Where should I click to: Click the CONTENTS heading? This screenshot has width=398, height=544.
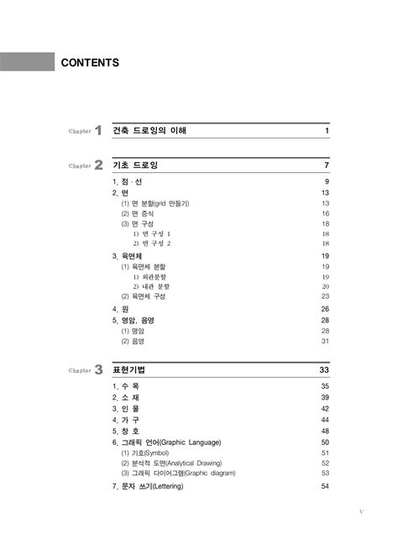(90, 63)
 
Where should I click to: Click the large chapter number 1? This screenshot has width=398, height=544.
(98, 131)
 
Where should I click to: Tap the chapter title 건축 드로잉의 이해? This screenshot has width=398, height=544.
(149, 132)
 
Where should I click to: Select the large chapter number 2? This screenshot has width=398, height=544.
(98, 165)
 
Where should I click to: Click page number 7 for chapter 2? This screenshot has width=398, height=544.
(326, 165)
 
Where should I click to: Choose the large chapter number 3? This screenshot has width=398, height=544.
(98, 369)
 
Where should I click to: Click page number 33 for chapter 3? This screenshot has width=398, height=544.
(323, 369)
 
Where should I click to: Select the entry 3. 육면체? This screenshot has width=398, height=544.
(127, 255)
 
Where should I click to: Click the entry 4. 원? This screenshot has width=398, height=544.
(120, 309)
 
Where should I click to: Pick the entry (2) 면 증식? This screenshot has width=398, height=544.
(138, 214)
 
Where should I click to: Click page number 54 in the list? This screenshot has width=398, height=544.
(324, 486)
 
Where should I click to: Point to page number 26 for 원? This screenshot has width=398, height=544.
(324, 309)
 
